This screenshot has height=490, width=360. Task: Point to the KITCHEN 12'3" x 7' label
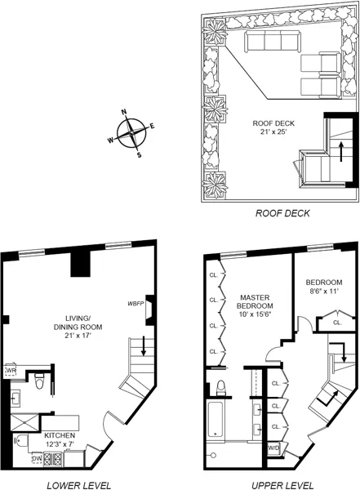pos(60,439)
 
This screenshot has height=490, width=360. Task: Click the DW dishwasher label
pos(37,459)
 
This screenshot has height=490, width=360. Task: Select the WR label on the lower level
pos(11,371)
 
